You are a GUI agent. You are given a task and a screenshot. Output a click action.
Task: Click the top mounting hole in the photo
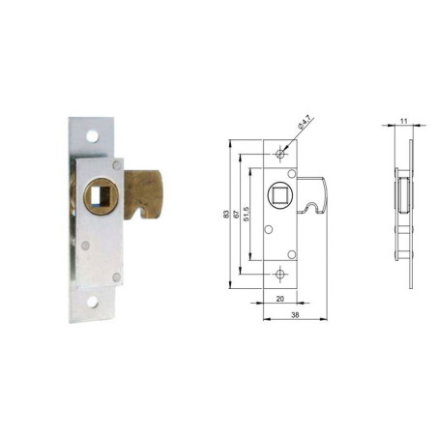coord(92,136)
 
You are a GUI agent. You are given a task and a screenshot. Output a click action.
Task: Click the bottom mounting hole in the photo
coord(92,302)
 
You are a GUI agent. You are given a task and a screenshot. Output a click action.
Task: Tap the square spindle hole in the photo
coord(100,195)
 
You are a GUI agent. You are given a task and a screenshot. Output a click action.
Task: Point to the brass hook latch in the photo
coord(144,194)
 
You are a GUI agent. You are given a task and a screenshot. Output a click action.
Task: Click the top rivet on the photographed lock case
coord(117,165)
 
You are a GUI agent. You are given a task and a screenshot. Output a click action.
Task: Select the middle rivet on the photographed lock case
coord(85,246)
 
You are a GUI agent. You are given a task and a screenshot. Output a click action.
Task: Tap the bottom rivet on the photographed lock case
coord(116,277)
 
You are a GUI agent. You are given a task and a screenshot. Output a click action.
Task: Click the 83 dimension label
coord(226,215)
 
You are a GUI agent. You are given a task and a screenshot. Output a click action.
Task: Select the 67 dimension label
coord(237,215)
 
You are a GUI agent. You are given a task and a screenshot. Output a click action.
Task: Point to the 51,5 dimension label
coord(247,214)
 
